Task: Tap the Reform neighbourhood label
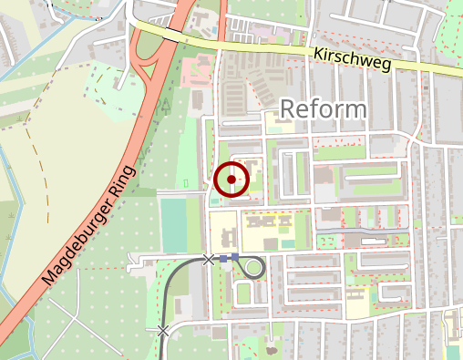point(324,108)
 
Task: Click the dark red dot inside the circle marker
point(232,180)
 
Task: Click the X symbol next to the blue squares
point(209,260)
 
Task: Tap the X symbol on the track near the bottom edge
point(163,331)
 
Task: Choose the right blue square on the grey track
point(235,257)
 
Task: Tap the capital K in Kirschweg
point(317,54)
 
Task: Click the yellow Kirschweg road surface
point(273,49)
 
